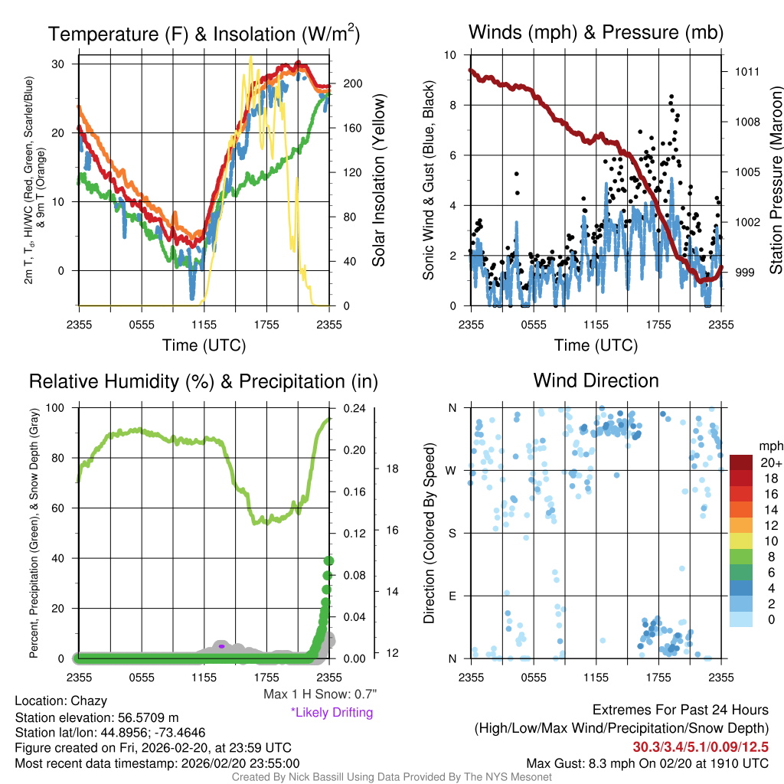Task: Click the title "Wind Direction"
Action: (x=596, y=381)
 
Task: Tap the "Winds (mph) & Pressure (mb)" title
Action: (x=596, y=32)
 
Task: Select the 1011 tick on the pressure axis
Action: (x=747, y=72)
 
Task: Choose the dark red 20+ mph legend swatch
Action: (x=742, y=463)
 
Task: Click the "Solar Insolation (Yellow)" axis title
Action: (x=378, y=181)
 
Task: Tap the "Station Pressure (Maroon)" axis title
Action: (x=775, y=181)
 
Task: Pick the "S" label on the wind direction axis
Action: (x=452, y=533)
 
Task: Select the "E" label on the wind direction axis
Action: (x=452, y=596)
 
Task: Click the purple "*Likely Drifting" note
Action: (x=332, y=713)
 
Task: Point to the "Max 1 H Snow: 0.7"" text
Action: (x=319, y=694)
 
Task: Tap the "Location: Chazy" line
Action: (x=61, y=701)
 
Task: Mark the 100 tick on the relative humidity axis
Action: (x=55, y=408)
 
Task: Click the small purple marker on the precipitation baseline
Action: (x=221, y=646)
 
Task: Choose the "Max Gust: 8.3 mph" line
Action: (x=647, y=763)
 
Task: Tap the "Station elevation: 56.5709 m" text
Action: (x=96, y=717)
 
